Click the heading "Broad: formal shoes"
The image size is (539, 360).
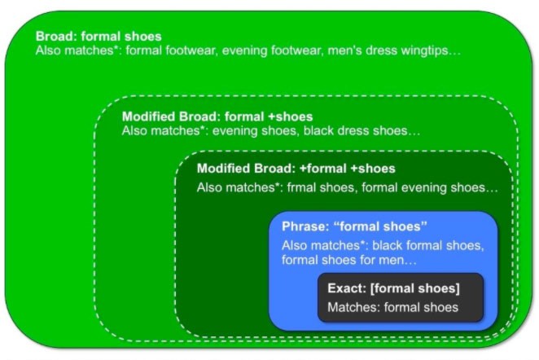point(99,37)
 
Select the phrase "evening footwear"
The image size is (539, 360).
point(273,50)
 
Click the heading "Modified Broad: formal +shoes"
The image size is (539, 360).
point(217,116)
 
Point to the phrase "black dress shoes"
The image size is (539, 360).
point(356,131)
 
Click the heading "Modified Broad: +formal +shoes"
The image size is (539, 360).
point(296,169)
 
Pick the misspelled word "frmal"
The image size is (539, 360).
point(301,187)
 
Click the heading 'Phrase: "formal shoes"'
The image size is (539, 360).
point(354,226)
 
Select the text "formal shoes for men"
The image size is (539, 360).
point(343,260)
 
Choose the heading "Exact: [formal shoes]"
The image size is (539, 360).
point(393,288)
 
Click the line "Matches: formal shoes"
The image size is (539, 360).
point(393,307)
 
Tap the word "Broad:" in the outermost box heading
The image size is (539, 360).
point(56,37)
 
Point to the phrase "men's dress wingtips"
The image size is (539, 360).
point(388,50)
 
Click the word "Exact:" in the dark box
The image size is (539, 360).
point(347,288)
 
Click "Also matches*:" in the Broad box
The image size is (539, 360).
point(79,50)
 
